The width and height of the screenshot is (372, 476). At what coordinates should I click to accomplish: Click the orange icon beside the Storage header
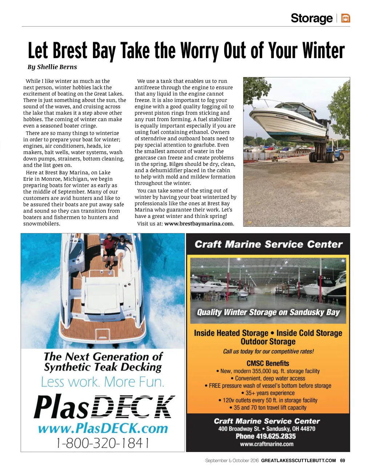346,18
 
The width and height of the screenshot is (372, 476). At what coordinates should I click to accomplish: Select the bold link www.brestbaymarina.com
198,224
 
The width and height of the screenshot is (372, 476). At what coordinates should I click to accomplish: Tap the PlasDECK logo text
103,407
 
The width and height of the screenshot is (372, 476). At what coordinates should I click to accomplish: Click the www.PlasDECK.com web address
103,428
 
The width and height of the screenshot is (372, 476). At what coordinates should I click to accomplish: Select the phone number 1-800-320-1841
103,443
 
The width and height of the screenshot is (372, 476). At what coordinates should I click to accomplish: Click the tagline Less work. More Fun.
103,382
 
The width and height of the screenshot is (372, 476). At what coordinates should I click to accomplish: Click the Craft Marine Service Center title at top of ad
268,245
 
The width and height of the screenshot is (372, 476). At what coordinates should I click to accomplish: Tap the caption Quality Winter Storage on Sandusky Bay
268,312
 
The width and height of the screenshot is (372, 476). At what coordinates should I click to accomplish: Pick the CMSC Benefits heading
268,363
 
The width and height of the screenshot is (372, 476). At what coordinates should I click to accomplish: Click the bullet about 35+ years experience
268,393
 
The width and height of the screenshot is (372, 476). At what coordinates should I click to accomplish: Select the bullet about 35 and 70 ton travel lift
268,408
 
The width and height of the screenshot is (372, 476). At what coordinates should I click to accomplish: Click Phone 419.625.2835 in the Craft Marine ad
266,436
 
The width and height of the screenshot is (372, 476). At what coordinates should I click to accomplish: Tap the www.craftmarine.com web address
267,444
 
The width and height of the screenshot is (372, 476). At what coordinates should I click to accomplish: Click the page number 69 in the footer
343,460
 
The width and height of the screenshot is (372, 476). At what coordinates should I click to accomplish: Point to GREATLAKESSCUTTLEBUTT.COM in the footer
298,460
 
